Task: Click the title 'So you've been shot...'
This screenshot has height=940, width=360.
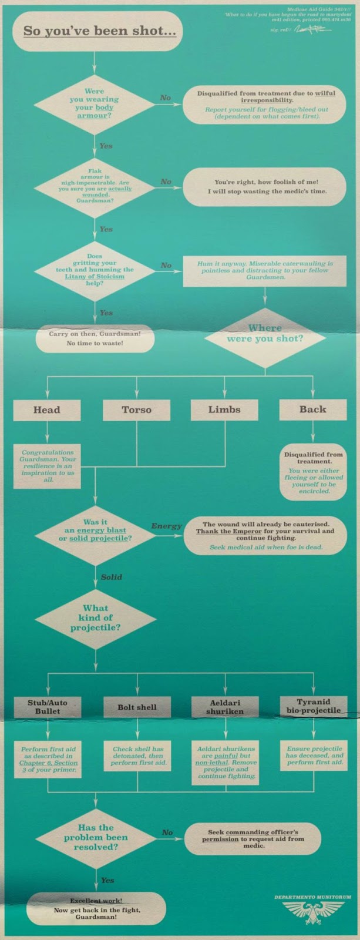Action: [x=99, y=31]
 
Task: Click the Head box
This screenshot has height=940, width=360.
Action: [x=46, y=410]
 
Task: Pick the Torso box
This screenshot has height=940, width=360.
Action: [x=136, y=410]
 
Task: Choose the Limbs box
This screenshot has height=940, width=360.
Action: [x=224, y=410]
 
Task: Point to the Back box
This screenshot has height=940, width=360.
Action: [x=312, y=410]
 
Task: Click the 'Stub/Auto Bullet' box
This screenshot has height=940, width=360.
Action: [x=47, y=707]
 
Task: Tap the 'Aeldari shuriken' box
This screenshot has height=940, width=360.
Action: [x=225, y=707]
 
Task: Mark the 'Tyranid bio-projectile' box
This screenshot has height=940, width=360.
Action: [x=313, y=706]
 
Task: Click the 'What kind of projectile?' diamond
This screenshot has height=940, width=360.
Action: [x=95, y=618]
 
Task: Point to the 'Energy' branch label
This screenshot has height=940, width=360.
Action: [x=166, y=526]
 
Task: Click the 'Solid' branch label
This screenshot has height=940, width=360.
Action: [x=111, y=577]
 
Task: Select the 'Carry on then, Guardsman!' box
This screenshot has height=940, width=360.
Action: [x=95, y=338]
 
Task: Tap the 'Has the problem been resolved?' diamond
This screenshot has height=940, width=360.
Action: [x=96, y=837]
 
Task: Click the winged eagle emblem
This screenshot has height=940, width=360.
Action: [x=312, y=914]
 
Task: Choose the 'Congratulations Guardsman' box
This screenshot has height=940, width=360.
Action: [x=47, y=466]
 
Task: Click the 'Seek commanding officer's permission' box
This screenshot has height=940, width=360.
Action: [x=253, y=839]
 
